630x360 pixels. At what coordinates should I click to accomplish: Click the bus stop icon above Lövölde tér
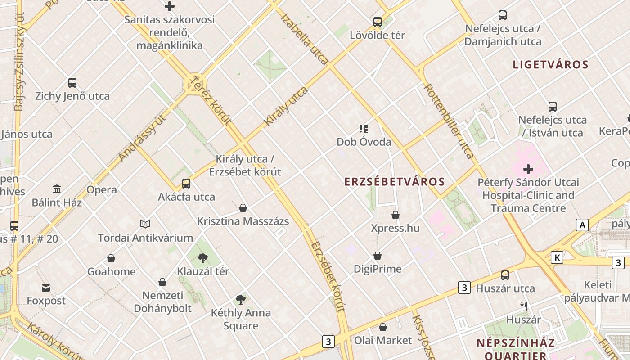point(378,22)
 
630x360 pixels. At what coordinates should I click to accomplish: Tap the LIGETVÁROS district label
point(551,65)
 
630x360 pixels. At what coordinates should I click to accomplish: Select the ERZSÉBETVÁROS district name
point(395,182)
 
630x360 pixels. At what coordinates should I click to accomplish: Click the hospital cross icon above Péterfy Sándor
point(528,170)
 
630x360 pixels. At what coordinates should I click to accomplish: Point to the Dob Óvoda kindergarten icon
point(364,129)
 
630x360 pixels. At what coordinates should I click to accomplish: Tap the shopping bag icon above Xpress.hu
point(396,216)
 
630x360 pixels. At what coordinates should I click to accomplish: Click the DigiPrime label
point(378,269)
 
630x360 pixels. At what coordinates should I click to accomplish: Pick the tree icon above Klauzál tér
point(203,258)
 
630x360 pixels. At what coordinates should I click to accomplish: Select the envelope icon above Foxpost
point(46,288)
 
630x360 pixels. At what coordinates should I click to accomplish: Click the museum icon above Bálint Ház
point(57,189)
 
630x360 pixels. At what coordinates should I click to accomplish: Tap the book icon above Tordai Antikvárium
point(145,224)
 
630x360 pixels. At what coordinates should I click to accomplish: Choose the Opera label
point(102,190)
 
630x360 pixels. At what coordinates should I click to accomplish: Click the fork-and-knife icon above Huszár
point(524,306)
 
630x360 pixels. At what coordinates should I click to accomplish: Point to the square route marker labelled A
point(583,225)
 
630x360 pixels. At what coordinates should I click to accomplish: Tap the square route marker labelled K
point(557,257)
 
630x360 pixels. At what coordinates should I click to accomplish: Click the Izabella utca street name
point(304,39)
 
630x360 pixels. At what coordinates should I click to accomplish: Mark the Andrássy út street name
point(143,137)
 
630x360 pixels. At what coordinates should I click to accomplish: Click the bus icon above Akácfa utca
point(186,184)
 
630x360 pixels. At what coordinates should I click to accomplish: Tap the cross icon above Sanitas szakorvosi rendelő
point(170,6)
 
